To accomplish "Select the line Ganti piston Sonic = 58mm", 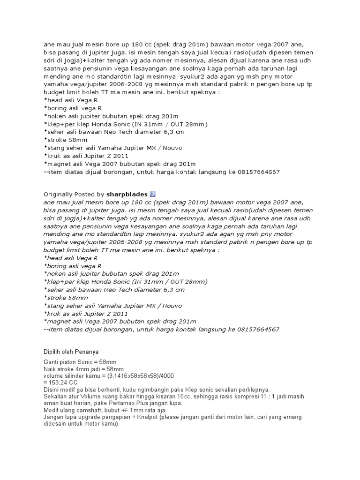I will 80,362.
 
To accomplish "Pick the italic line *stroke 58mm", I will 65,298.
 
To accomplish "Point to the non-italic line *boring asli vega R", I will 73,108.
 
